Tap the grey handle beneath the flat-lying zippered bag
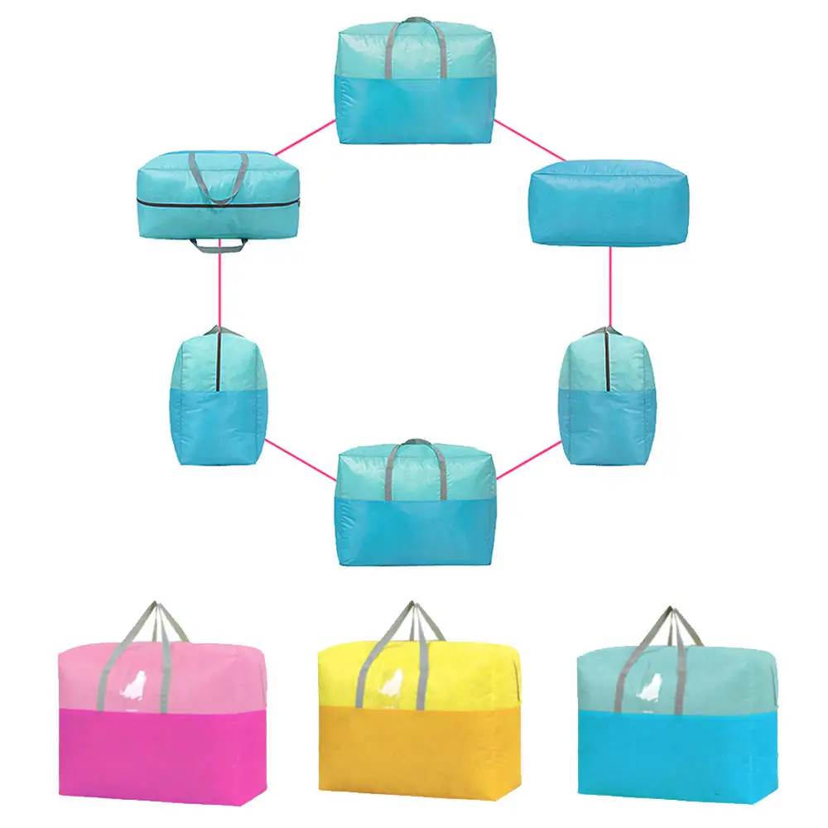click(219, 244)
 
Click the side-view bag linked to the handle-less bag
click(609, 392)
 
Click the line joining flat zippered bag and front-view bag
click(305, 137)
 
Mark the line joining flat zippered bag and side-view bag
click(219, 290)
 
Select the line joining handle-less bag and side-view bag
click(610, 286)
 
